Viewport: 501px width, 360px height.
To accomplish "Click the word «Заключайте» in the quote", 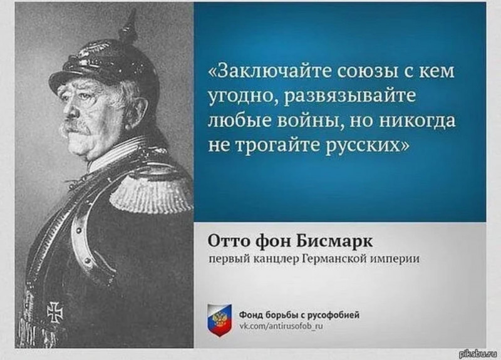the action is pyautogui.click(x=269, y=71).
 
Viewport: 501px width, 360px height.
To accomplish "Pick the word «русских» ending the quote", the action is pyautogui.click(x=367, y=146).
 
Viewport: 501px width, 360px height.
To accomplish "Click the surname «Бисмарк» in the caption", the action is pyautogui.click(x=334, y=241).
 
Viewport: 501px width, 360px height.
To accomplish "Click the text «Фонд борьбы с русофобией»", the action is pyautogui.click(x=299, y=315).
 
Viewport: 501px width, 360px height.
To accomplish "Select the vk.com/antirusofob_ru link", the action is pyautogui.click(x=281, y=326).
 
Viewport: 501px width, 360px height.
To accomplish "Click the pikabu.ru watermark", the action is pyautogui.click(x=478, y=353).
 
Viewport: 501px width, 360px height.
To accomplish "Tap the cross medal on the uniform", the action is pyautogui.click(x=55, y=312).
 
